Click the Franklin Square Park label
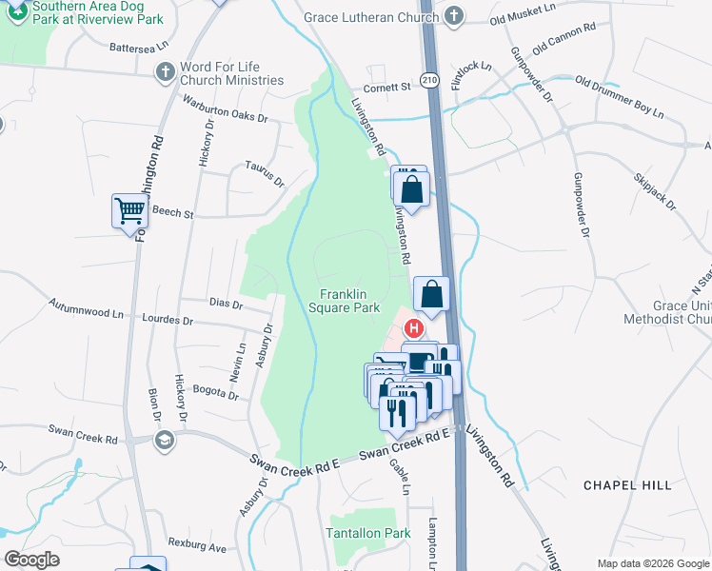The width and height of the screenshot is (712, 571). tap(345, 301)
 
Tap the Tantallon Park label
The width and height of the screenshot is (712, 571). tap(369, 533)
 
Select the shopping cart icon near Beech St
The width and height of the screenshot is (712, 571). tap(129, 210)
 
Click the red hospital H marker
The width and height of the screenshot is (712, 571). tap(413, 328)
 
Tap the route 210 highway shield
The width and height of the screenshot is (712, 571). tap(430, 82)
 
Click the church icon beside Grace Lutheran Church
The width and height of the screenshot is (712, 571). tap(454, 15)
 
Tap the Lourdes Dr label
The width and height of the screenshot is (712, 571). tap(168, 322)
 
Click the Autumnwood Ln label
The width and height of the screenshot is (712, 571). tap(86, 310)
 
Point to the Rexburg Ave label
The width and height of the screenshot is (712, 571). tap(197, 548)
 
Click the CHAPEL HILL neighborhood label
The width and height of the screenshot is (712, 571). tap(622, 484)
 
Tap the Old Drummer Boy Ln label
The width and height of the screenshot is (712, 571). tap(620, 98)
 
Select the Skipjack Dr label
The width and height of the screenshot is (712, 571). tap(654, 191)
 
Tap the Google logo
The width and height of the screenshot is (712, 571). tap(32, 560)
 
